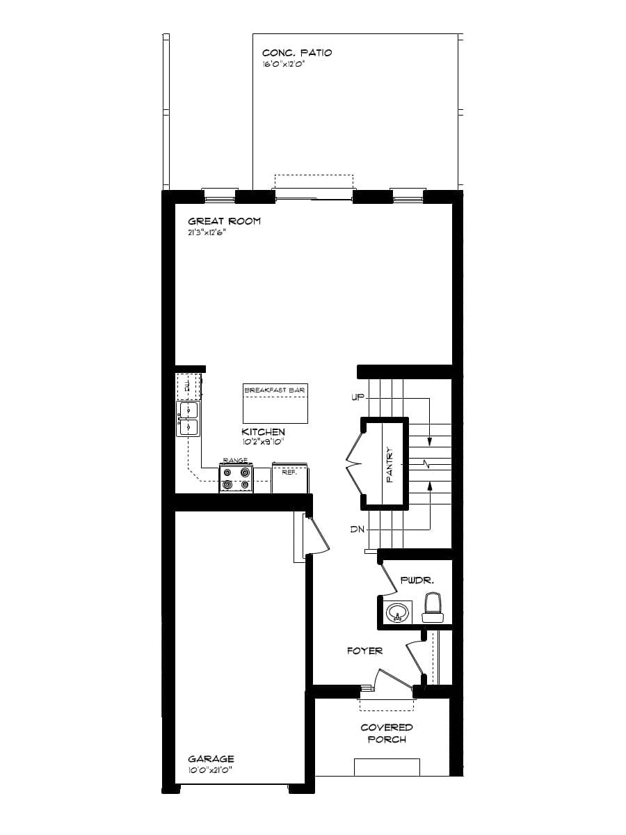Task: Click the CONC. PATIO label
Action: click(297, 53)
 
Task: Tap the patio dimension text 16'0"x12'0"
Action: click(284, 65)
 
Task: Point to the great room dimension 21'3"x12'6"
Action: click(207, 232)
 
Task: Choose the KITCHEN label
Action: click(263, 432)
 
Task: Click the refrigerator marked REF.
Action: click(290, 479)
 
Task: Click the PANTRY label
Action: click(390, 464)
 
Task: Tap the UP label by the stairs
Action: click(358, 398)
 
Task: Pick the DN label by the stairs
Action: click(358, 530)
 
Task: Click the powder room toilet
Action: click(433, 607)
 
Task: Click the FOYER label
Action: click(364, 651)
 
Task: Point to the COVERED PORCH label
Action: click(387, 733)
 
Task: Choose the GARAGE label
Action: click(211, 759)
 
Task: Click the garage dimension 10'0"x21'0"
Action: click(210, 770)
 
